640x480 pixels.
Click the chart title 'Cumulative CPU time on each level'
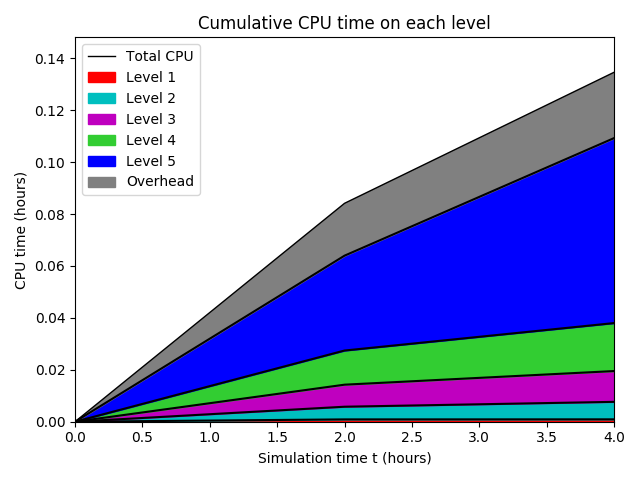pos(344,23)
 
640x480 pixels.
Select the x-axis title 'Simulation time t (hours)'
pos(344,458)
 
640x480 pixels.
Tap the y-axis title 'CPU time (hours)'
pos(21,230)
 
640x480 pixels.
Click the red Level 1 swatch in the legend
pos(102,77)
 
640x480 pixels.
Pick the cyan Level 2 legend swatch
pos(102,98)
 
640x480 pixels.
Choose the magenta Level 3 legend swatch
pos(102,119)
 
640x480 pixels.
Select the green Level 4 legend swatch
pos(102,140)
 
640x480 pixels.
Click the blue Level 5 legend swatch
pos(102,161)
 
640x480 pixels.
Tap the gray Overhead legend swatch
pos(102,182)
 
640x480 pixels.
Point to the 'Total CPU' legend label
pos(159,56)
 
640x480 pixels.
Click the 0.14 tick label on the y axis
pos(51,59)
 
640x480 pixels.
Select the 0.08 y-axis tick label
pos(51,214)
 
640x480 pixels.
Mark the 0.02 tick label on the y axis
pos(51,370)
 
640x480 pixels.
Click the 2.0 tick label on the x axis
pos(344,437)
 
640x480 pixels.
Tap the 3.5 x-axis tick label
pos(546,437)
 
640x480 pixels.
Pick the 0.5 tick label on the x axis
pos(142,437)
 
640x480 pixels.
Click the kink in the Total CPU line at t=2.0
pos(344,203)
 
